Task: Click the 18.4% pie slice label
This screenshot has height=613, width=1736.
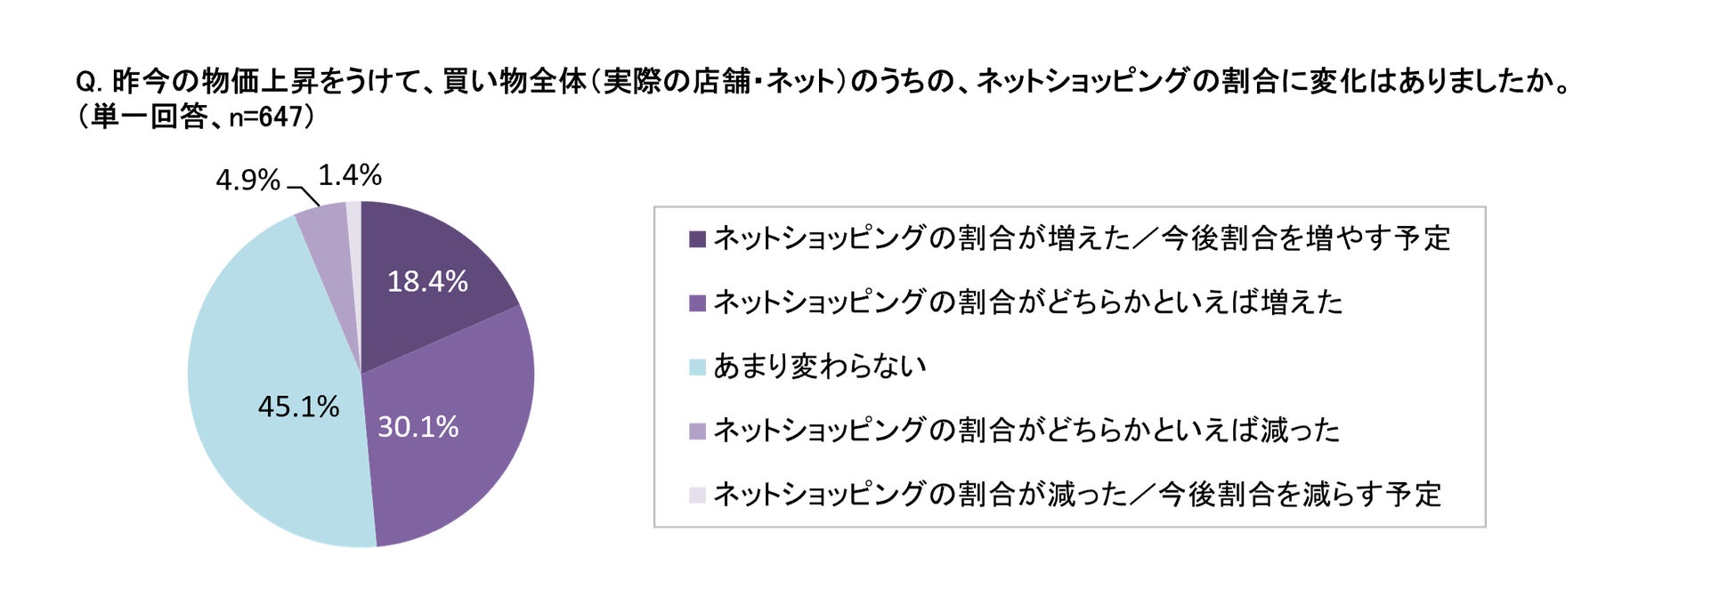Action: (x=427, y=282)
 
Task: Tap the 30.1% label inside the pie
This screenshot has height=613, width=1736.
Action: (x=418, y=427)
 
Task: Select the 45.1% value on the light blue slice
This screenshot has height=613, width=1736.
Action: (x=298, y=407)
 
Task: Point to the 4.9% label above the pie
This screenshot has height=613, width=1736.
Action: (x=247, y=180)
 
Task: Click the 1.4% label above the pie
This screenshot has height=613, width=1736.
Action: (x=350, y=175)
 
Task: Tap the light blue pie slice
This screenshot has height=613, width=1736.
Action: (x=267, y=356)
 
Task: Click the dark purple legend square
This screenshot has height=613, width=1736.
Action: (x=697, y=239)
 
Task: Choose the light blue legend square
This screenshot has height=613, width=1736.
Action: (x=697, y=367)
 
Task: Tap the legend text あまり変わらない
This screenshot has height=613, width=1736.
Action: (x=819, y=367)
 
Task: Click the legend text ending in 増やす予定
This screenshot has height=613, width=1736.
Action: (x=1082, y=239)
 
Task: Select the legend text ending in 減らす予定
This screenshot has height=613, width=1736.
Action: (x=1077, y=495)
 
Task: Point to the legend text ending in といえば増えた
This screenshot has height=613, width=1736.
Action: (x=1028, y=302)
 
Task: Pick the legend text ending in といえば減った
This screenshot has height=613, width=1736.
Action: (x=1026, y=431)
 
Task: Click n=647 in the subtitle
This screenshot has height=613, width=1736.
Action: (x=266, y=117)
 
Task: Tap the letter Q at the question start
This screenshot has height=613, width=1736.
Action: (x=86, y=82)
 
